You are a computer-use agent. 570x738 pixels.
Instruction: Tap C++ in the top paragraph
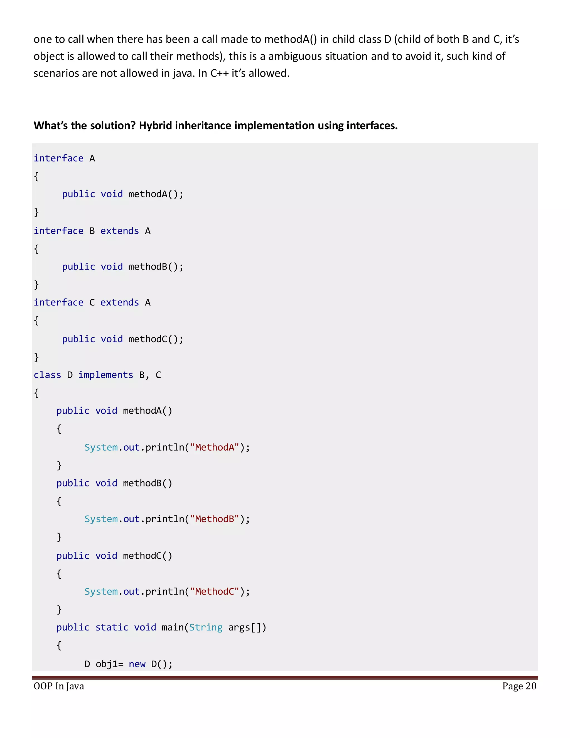(x=220, y=73)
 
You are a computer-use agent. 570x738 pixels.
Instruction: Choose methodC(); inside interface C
(x=156, y=339)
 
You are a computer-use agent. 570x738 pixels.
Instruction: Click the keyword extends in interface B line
(x=119, y=231)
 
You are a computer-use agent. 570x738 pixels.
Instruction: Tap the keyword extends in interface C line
(x=119, y=302)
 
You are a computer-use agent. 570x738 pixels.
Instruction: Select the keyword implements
(x=106, y=375)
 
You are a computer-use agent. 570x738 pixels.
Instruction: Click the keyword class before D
(x=47, y=375)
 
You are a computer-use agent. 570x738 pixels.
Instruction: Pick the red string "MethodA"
(x=215, y=448)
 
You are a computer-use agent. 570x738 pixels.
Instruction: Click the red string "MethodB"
(x=215, y=519)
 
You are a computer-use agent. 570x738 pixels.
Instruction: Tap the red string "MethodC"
(x=215, y=592)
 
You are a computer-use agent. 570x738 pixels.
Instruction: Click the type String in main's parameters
(x=206, y=627)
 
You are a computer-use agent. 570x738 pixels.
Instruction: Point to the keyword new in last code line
(x=137, y=664)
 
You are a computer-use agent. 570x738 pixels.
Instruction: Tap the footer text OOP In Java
(x=59, y=686)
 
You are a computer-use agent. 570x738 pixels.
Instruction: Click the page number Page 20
(x=519, y=686)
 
